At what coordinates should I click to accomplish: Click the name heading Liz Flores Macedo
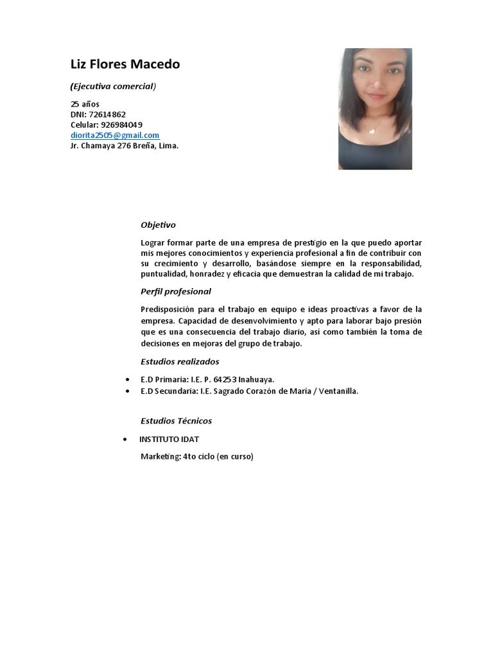click(x=125, y=64)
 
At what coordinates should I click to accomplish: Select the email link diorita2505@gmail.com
click(x=115, y=135)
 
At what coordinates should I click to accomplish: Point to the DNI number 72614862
click(x=107, y=114)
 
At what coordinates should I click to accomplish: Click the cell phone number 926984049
click(x=121, y=124)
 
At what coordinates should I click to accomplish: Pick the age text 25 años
click(x=85, y=104)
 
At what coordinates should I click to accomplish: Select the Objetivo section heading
click(x=158, y=225)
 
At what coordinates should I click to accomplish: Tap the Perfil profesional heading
click(x=175, y=291)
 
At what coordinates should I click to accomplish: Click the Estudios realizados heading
click(x=180, y=362)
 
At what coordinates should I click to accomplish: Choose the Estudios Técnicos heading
click(x=176, y=421)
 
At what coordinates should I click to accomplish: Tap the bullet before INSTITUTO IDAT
click(x=123, y=439)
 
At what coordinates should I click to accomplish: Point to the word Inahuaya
click(x=256, y=380)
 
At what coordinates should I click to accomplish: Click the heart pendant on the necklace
click(x=370, y=130)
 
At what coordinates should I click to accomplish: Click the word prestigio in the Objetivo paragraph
click(x=311, y=243)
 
